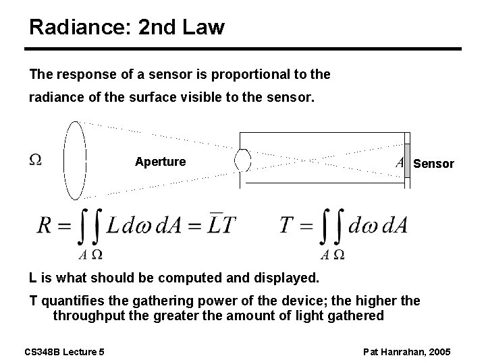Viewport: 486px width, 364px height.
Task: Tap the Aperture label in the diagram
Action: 160,162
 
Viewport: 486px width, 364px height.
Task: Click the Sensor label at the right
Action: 433,164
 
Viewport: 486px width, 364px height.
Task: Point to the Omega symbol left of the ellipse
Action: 36,160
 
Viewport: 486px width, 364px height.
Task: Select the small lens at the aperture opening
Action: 242,160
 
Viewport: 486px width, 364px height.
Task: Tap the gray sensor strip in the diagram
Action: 407,162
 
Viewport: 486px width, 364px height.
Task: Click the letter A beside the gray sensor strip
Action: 400,162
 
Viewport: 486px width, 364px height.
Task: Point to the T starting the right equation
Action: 287,225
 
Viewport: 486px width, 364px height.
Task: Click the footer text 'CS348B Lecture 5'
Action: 65,351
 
